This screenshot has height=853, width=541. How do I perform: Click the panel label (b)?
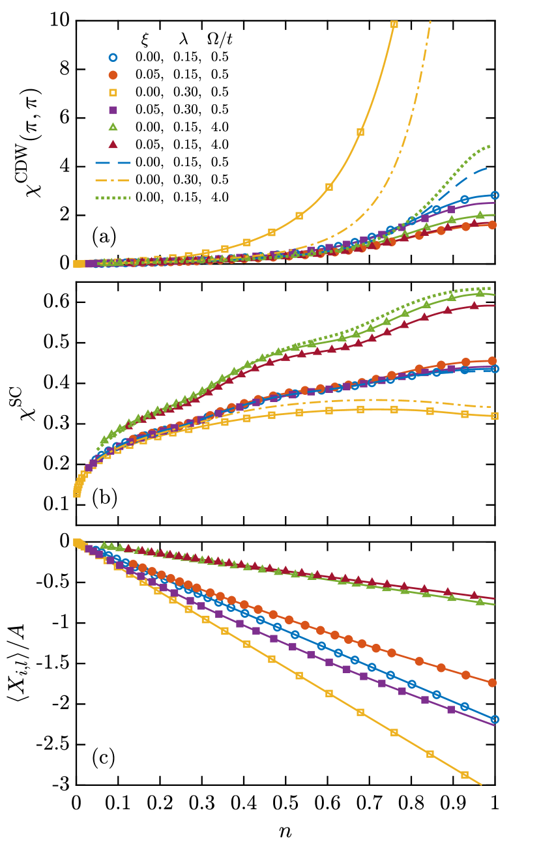(x=104, y=499)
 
